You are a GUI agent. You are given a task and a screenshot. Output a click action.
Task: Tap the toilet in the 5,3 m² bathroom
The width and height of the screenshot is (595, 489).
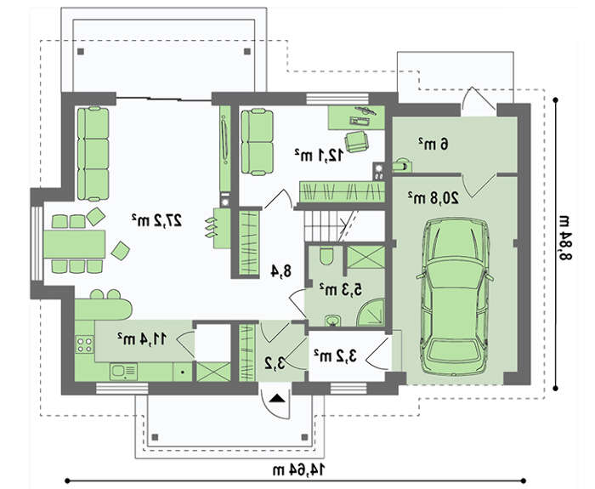(326, 256)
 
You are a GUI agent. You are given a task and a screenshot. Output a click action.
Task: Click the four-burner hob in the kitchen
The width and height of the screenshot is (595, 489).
(85, 344)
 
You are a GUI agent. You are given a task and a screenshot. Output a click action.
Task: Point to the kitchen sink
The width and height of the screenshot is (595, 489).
(124, 371)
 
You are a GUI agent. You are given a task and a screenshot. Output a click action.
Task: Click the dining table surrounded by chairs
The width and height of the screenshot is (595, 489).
(75, 244)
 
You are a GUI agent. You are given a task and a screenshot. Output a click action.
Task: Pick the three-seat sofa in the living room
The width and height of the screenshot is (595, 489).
(93, 153)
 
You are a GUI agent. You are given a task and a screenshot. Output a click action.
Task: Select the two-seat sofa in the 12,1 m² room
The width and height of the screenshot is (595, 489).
(257, 142)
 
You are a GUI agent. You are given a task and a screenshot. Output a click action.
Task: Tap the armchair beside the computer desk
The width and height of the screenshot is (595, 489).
(357, 142)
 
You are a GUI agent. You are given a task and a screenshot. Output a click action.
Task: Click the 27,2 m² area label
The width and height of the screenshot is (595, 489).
(156, 219)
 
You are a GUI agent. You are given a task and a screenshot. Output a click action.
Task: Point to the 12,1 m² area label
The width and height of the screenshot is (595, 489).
(319, 155)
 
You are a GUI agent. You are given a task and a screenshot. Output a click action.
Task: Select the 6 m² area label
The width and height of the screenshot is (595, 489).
(433, 144)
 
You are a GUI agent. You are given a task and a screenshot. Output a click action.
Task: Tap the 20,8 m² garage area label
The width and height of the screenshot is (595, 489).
(433, 197)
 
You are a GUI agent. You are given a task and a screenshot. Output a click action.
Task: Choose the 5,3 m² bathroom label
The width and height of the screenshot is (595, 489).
(340, 289)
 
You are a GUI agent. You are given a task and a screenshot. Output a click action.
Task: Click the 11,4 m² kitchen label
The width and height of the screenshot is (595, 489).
(142, 338)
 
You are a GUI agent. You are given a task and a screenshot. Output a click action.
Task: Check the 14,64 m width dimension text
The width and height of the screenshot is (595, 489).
(299, 469)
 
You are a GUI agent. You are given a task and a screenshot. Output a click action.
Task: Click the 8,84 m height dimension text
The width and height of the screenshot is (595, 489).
(565, 238)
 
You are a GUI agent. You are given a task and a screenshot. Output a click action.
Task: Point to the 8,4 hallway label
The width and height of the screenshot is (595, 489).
(280, 271)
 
